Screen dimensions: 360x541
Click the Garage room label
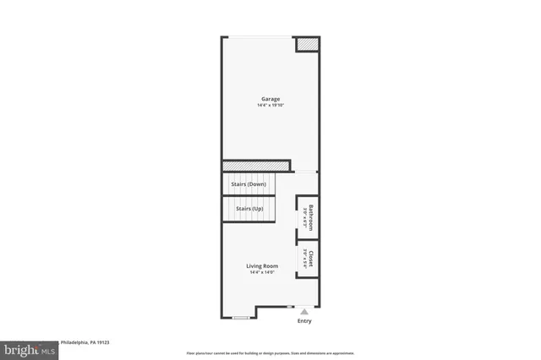click(270, 99)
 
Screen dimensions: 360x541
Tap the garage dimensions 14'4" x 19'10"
click(270, 106)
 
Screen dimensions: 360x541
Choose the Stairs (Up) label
click(249, 208)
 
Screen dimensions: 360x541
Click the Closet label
click(311, 257)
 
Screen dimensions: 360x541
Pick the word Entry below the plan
click(304, 321)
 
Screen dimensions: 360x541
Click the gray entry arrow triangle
click(304, 312)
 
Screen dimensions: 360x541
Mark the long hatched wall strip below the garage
click(256, 165)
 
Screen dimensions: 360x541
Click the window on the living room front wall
click(241, 318)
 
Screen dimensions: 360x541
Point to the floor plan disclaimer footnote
click(270, 353)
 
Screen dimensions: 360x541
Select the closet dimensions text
click(304, 258)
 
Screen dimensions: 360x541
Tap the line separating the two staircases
click(250, 196)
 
